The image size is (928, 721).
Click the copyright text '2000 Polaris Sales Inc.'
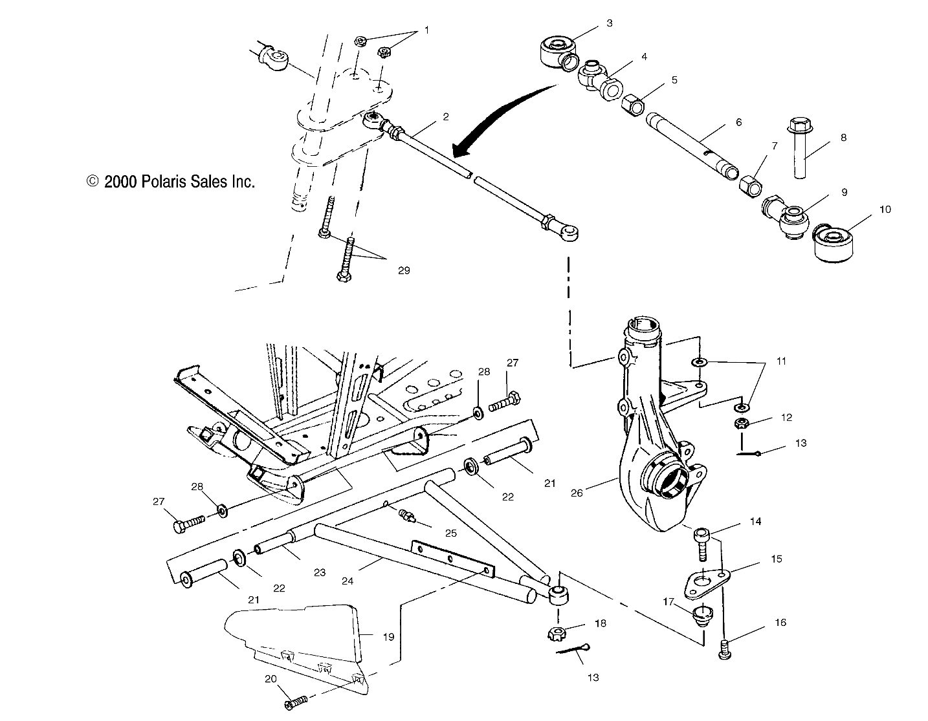171,182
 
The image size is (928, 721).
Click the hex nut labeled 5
632,103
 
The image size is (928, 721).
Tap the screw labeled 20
295,701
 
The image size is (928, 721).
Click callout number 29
403,271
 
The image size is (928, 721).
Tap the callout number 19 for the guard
388,637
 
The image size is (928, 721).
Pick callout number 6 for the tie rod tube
738,122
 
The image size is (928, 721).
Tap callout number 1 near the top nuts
426,30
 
